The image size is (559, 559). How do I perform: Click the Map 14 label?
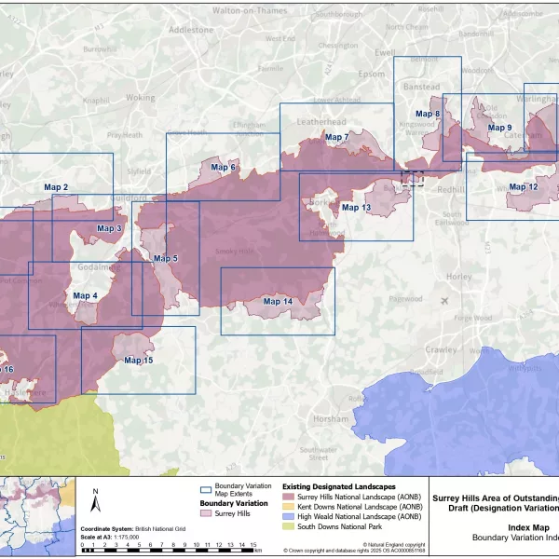click(x=278, y=302)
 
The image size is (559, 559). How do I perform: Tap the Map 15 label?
click(x=138, y=360)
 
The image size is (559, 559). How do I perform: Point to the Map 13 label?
click(x=356, y=208)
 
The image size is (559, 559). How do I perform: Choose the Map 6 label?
click(x=223, y=168)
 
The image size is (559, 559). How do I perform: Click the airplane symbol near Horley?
click(x=445, y=300)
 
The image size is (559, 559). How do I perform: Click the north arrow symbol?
click(x=95, y=504)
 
